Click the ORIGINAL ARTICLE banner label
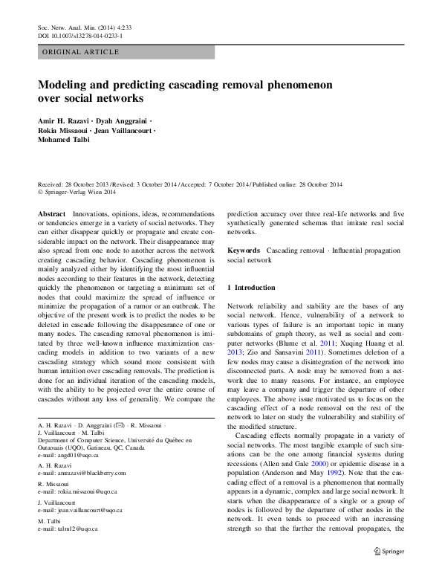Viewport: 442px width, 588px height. [x=80, y=52]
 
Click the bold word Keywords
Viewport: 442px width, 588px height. [x=244, y=251]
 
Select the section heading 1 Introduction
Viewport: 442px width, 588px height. [x=251, y=287]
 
